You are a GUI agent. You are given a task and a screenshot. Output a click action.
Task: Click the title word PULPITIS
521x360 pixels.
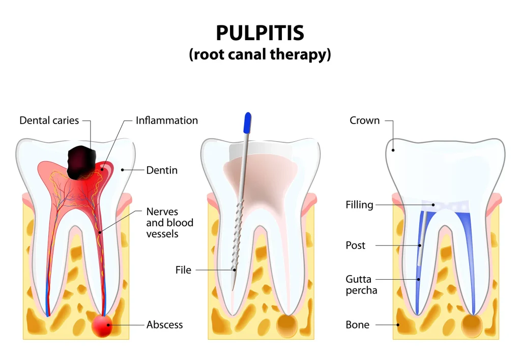point(260,33)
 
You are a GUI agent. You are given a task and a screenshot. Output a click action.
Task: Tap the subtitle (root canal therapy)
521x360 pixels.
point(260,54)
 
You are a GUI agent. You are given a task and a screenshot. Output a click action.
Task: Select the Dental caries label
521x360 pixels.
point(49,121)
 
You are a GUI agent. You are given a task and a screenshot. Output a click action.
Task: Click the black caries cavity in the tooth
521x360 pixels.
point(82,162)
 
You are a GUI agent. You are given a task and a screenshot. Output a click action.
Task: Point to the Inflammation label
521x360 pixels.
point(167,121)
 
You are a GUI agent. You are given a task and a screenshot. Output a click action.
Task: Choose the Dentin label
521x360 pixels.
point(162,170)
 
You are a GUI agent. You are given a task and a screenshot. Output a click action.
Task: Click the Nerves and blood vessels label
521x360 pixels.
point(169,222)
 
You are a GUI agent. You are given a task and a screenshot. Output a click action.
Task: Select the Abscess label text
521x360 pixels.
point(164,324)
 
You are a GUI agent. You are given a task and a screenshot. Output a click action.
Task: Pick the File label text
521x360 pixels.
point(183,270)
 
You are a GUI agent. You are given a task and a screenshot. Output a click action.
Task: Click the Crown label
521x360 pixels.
point(364,121)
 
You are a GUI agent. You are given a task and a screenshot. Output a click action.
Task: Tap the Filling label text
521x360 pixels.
point(359,205)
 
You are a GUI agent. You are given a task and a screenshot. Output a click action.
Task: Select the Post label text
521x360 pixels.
point(355,246)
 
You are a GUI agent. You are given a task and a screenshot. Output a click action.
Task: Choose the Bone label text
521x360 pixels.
point(357,324)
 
